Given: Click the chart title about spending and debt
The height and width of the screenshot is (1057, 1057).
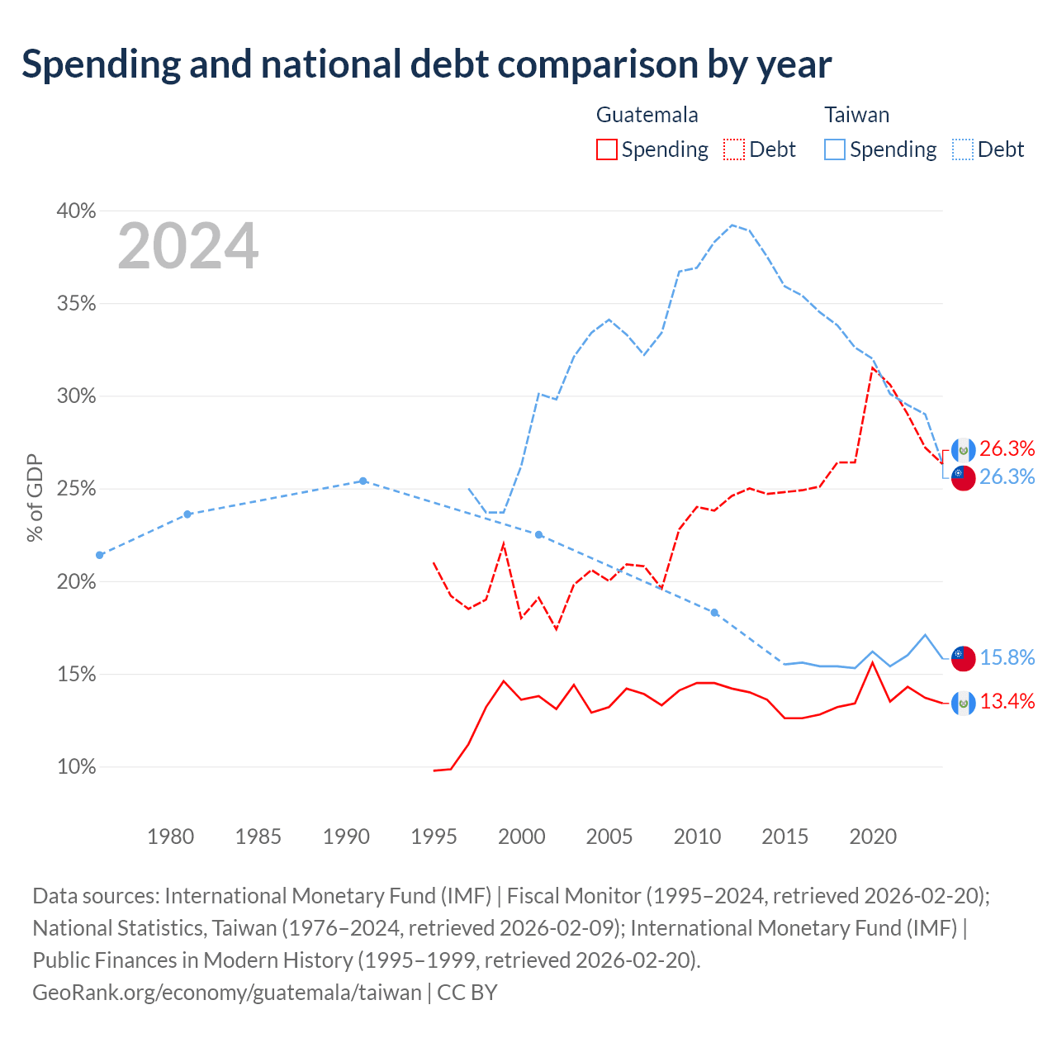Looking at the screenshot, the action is pyautogui.click(x=426, y=64).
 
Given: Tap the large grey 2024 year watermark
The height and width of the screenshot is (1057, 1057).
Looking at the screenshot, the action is pyautogui.click(x=188, y=246).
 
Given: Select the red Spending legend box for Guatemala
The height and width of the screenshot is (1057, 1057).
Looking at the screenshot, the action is pyautogui.click(x=606, y=149).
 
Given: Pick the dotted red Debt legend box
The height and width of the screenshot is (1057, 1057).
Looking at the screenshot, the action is pyautogui.click(x=734, y=149).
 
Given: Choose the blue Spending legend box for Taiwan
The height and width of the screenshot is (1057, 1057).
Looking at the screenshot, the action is pyautogui.click(x=834, y=149).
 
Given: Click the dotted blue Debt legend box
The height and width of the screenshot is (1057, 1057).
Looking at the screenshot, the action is pyautogui.click(x=962, y=149).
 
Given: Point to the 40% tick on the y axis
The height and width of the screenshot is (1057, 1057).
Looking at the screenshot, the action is pyautogui.click(x=76, y=211).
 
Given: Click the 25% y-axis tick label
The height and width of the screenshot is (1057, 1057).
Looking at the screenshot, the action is pyautogui.click(x=76, y=488).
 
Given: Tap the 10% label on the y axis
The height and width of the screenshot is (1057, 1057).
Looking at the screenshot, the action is pyautogui.click(x=76, y=766).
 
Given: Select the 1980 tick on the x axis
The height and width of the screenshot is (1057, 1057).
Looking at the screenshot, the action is pyautogui.click(x=171, y=837).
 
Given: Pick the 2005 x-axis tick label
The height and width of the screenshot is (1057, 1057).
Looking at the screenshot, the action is pyautogui.click(x=609, y=837).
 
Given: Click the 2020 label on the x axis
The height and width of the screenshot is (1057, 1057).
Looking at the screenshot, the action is pyautogui.click(x=873, y=837).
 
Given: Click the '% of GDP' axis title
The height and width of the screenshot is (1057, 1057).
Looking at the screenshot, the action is pyautogui.click(x=35, y=497).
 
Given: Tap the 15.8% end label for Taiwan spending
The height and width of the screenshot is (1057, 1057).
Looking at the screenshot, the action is pyautogui.click(x=1007, y=657).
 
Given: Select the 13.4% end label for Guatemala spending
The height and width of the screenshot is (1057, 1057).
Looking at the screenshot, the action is pyautogui.click(x=1007, y=701).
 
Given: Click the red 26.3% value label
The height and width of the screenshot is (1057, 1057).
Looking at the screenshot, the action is pyautogui.click(x=1007, y=448).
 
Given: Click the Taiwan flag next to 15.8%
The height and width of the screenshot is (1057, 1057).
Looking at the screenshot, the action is pyautogui.click(x=963, y=658).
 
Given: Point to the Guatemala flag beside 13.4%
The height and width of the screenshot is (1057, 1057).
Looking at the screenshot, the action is pyautogui.click(x=963, y=704).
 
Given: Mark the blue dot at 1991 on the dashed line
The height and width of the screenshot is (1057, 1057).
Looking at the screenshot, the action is pyautogui.click(x=363, y=481).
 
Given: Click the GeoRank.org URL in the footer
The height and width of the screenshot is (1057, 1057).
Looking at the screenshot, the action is pyautogui.click(x=227, y=993).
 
